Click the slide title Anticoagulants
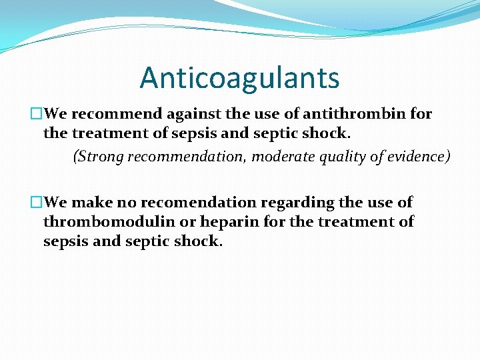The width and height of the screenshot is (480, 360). (239, 78)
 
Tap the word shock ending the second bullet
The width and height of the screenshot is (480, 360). (198, 241)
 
